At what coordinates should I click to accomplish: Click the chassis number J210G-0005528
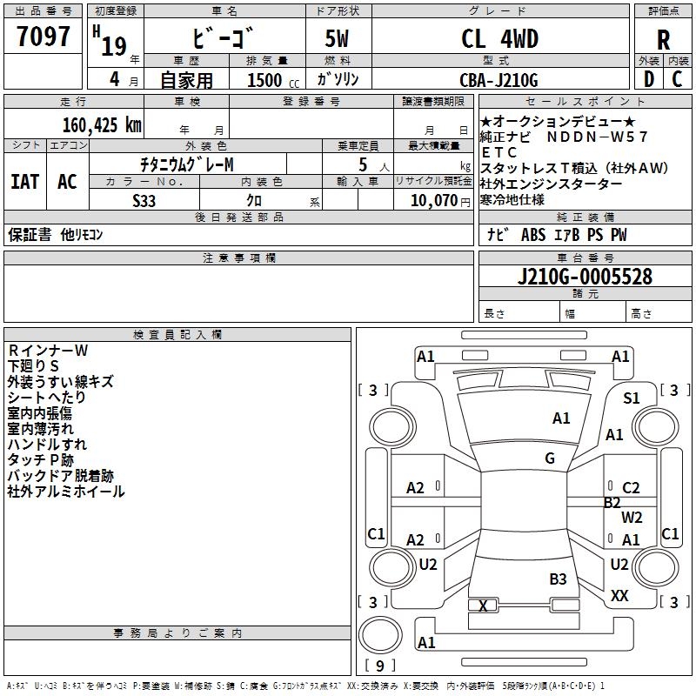pyautogui.click(x=585, y=277)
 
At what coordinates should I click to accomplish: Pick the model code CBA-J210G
pyautogui.click(x=499, y=80)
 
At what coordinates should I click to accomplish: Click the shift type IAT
pyautogui.click(x=24, y=181)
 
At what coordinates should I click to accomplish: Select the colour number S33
pyautogui.click(x=144, y=200)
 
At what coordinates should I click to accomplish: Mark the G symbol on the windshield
pyautogui.click(x=550, y=458)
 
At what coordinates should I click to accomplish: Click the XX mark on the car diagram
pyautogui.click(x=619, y=596)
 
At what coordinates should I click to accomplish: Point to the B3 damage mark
pyautogui.click(x=558, y=579)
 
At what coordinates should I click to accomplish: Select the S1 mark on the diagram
pyautogui.click(x=631, y=398)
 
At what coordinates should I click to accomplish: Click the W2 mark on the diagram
pyautogui.click(x=632, y=517)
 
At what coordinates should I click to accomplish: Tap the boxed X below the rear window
pyautogui.click(x=483, y=606)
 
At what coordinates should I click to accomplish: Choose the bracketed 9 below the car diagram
pyautogui.click(x=380, y=666)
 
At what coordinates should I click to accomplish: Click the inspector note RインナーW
pyautogui.click(x=49, y=351)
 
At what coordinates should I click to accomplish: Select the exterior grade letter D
pyautogui.click(x=648, y=80)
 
